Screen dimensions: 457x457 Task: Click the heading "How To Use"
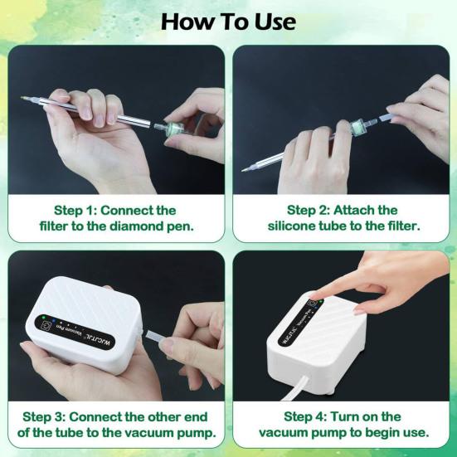pos(228,22)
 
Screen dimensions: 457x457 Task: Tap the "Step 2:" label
pos(309,210)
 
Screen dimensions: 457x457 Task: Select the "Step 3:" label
pos(44,417)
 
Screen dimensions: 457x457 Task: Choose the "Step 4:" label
pos(305,417)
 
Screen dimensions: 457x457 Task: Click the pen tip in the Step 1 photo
pos(22,98)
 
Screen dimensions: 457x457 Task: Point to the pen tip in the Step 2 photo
pos(243,170)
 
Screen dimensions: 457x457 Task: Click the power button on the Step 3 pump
pos(46,325)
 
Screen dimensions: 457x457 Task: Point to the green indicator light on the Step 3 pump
pos(43,317)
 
